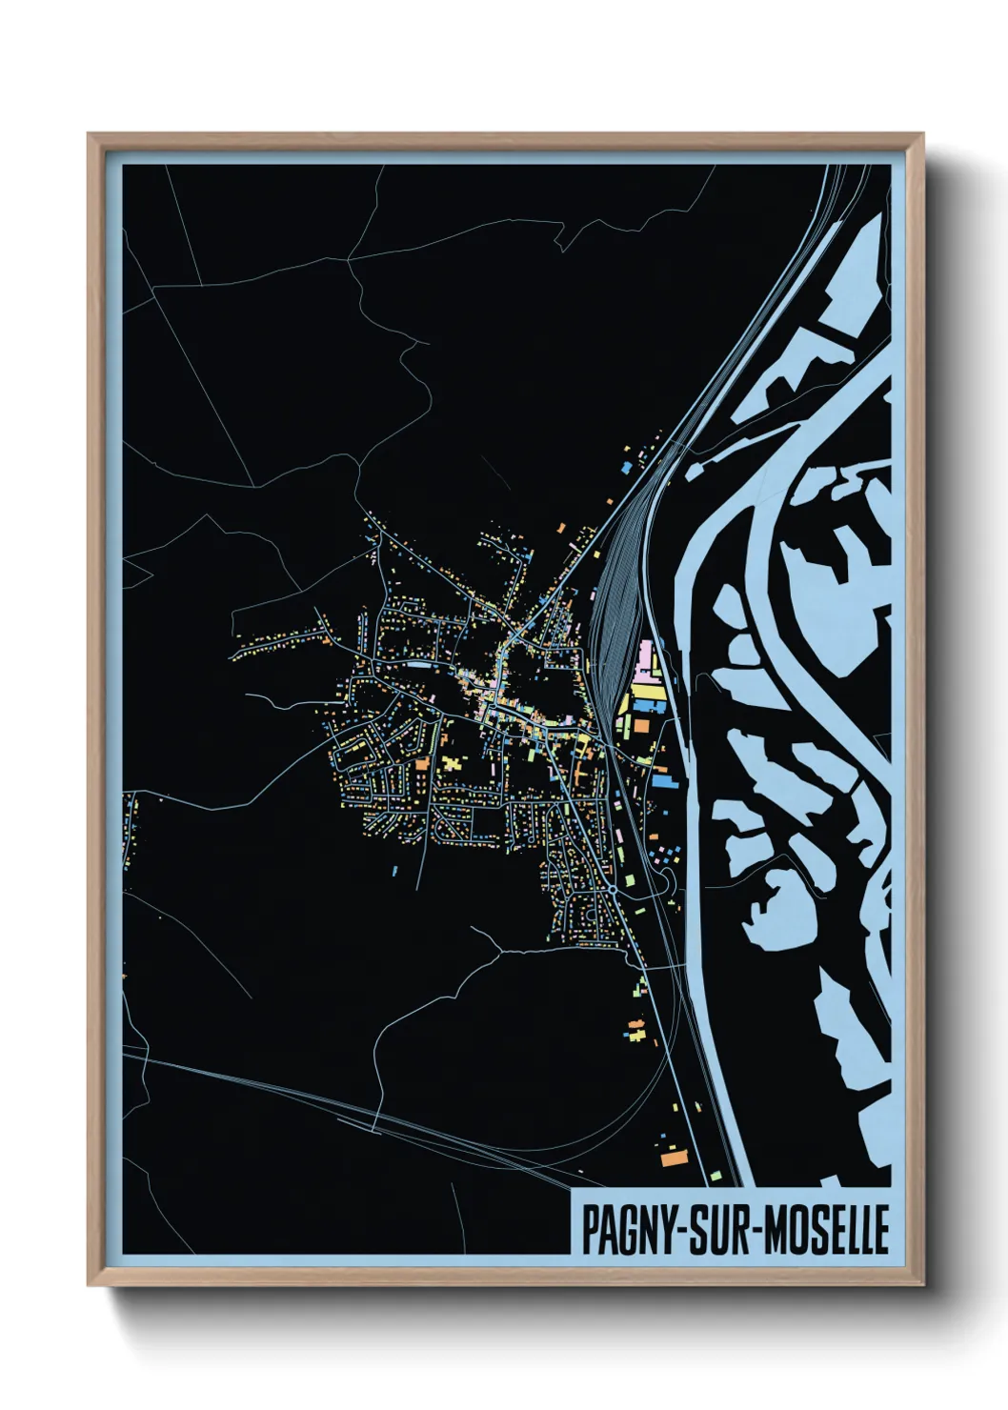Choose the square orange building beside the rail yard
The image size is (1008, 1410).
(x=641, y=725)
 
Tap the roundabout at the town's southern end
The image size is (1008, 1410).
(x=611, y=889)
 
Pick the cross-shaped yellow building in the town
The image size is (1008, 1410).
(x=452, y=763)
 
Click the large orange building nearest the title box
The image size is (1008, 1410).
(x=675, y=1158)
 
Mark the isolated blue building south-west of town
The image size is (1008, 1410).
(x=394, y=869)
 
